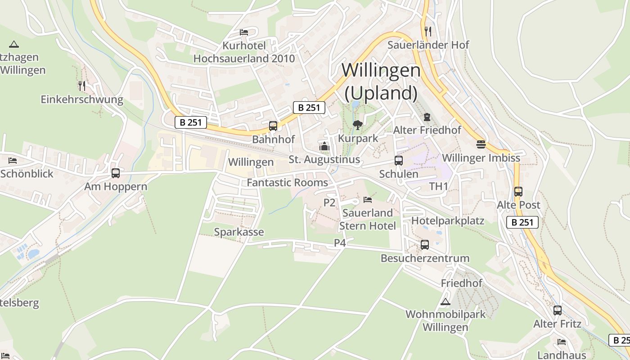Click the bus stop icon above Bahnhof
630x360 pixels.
(x=273, y=126)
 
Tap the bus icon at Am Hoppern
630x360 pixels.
(x=116, y=173)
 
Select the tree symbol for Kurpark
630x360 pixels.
(x=358, y=125)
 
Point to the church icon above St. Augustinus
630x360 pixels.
(x=324, y=146)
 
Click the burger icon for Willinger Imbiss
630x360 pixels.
(x=481, y=144)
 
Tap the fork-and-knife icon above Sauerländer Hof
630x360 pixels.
(x=428, y=31)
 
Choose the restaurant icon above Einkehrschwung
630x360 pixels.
(x=81, y=85)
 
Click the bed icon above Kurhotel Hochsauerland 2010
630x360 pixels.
(x=244, y=32)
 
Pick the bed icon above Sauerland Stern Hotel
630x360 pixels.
(x=368, y=199)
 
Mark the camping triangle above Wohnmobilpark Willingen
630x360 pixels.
(x=445, y=301)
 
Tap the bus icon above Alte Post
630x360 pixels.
(x=518, y=192)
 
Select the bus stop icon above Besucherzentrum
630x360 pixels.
(x=425, y=245)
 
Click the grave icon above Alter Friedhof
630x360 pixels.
(x=427, y=117)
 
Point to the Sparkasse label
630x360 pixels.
(x=239, y=232)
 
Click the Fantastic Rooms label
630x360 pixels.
(x=288, y=183)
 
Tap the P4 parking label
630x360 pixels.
(x=340, y=243)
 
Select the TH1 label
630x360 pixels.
(x=439, y=186)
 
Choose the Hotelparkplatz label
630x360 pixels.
(x=448, y=220)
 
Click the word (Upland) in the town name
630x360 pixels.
(x=381, y=93)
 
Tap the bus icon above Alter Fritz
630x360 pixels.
(x=558, y=310)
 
